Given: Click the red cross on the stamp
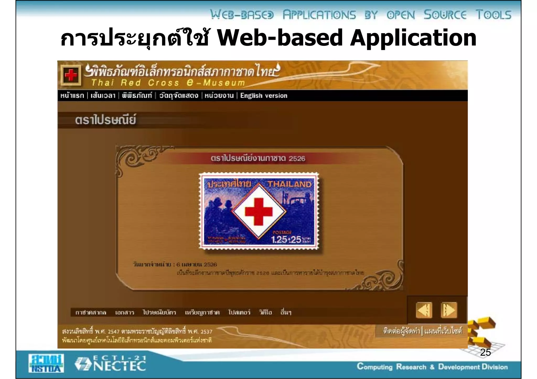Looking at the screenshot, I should click(x=259, y=211).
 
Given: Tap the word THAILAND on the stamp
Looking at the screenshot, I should click(x=289, y=184).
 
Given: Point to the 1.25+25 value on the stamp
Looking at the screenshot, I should click(x=286, y=239).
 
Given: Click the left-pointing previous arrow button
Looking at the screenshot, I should click(x=424, y=310).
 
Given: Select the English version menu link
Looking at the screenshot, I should click(x=264, y=96).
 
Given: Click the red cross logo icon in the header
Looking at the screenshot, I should click(x=71, y=75).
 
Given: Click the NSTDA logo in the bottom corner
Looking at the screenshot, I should click(x=46, y=363).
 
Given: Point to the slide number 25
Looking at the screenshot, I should click(x=485, y=353).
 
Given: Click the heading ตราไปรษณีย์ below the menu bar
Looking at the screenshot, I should click(x=105, y=120).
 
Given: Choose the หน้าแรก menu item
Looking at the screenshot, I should click(x=72, y=96).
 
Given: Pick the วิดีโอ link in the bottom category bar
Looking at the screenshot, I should click(x=265, y=312).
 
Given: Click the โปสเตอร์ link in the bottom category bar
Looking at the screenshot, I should click(x=239, y=312).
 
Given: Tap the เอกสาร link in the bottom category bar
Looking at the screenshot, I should click(x=125, y=312).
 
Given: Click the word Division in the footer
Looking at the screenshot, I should click(x=495, y=367).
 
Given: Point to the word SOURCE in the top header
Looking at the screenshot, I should click(x=445, y=15).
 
